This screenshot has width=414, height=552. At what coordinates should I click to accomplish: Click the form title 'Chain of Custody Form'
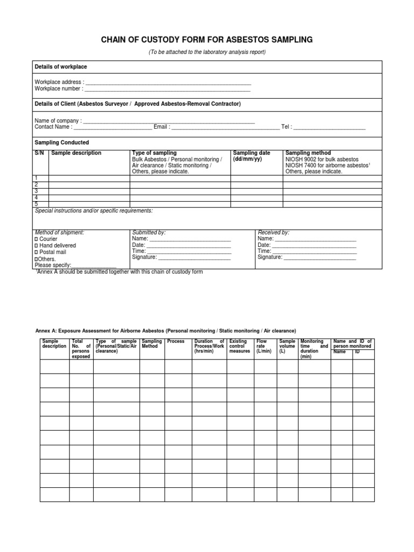tap(207, 40)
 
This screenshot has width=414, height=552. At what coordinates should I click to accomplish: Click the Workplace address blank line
tap(168, 83)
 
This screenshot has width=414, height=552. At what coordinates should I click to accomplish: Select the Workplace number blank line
tap(168, 89)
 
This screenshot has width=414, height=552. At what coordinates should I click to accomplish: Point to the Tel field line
tap(329, 128)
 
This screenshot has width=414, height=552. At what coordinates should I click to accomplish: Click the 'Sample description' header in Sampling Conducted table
tap(76, 153)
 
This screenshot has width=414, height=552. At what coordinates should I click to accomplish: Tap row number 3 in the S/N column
tap(37, 191)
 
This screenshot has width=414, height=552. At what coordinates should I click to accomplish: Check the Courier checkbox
tap(37, 239)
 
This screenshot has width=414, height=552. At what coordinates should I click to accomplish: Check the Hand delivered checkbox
tap(37, 245)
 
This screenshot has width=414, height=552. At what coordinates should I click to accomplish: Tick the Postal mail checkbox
tap(37, 252)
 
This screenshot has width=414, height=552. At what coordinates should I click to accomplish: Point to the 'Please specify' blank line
tap(94, 266)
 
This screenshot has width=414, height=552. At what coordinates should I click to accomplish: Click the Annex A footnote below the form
tap(119, 272)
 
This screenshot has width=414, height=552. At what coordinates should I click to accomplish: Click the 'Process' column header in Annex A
tap(176, 342)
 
